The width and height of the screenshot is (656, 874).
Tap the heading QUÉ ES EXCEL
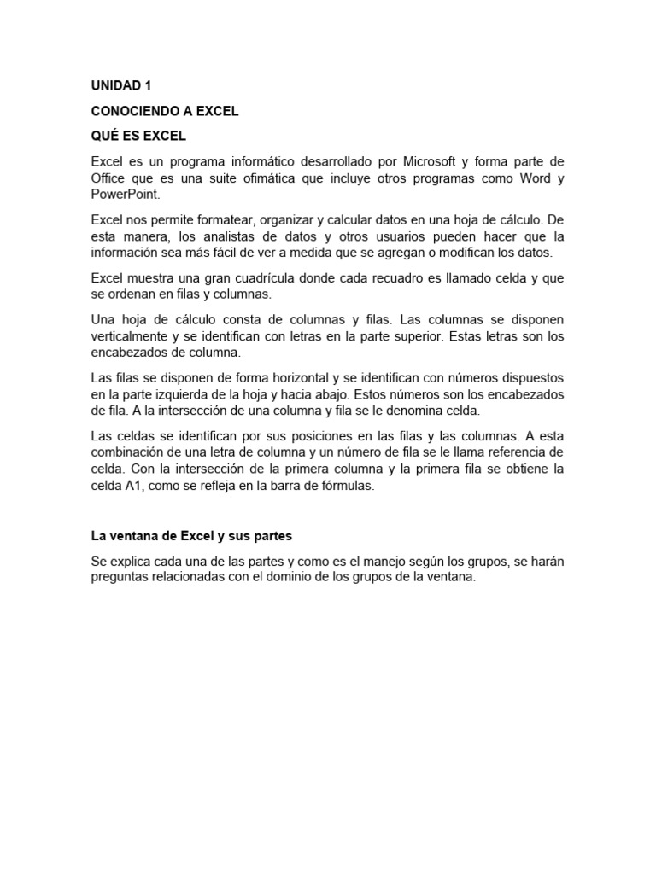pos(138,137)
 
